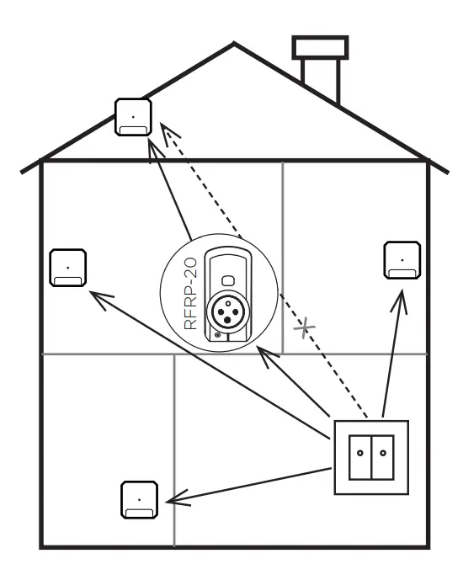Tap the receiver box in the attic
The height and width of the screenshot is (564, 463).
click(x=133, y=117)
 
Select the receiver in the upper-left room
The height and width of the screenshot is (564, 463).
click(x=67, y=268)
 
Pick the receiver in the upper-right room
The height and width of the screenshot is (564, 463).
click(x=402, y=259)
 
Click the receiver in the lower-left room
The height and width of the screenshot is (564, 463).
click(x=138, y=499)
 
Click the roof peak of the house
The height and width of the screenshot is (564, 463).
click(x=235, y=44)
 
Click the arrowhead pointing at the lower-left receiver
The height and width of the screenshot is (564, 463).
click(x=173, y=500)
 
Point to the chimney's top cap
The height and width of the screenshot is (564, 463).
click(x=320, y=47)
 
